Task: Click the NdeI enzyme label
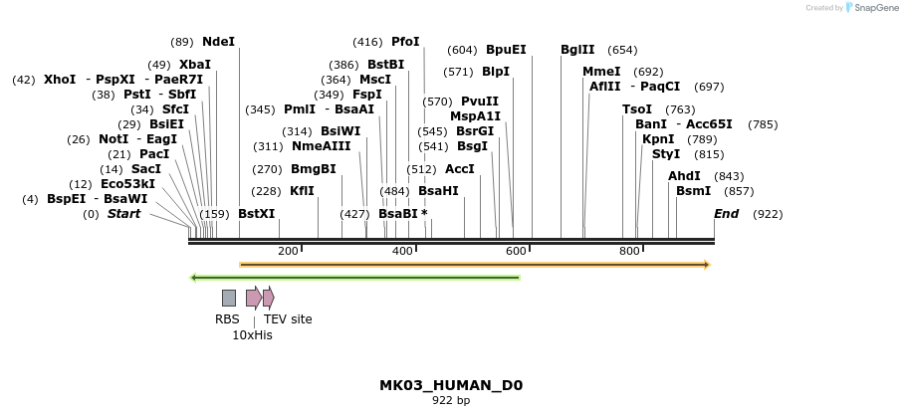[218, 42]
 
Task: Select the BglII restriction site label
[577, 50]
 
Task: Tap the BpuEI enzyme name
[506, 50]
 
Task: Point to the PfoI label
[405, 42]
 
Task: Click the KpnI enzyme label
[658, 139]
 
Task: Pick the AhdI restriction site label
[684, 176]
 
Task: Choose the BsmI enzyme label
[694, 190]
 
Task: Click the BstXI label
[256, 214]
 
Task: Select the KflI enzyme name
[302, 191]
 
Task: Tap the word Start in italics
[123, 214]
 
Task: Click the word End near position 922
[727, 214]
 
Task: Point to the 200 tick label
[288, 252]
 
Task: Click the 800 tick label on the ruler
[629, 252]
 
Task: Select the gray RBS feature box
[229, 298]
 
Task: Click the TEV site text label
[288, 319]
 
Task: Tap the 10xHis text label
[252, 335]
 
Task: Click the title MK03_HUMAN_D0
[451, 385]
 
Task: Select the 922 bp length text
[451, 401]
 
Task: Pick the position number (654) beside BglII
[622, 50]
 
